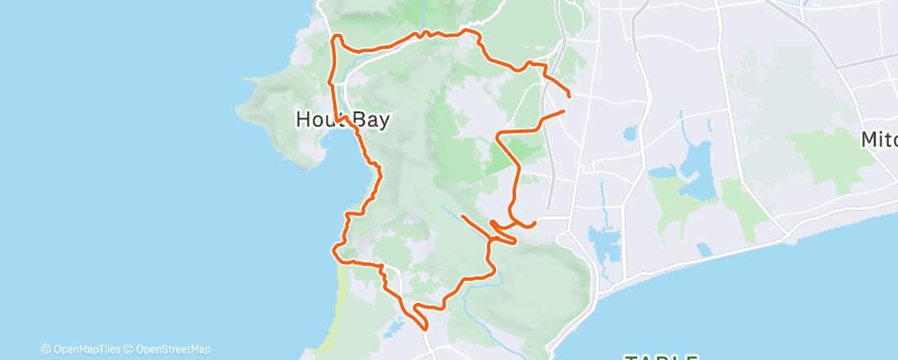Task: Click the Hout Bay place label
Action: [x=342, y=120]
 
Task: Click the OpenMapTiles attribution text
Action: [x=86, y=349]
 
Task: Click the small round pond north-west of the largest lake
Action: [x=631, y=132]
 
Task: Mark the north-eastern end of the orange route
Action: [x=570, y=97]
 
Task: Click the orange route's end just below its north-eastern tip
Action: [x=565, y=110]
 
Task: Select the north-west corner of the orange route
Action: [x=334, y=37]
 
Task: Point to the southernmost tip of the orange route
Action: [x=426, y=329]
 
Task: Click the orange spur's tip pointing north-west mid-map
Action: [x=462, y=216]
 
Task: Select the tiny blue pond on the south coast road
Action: [x=703, y=248]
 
